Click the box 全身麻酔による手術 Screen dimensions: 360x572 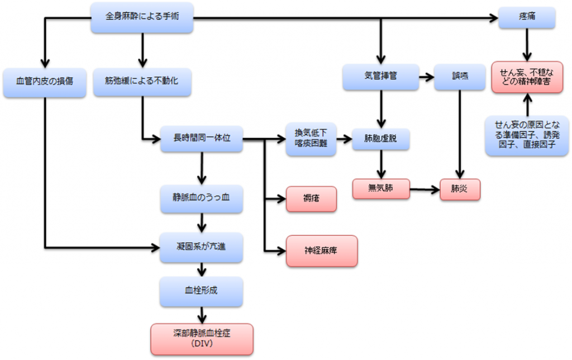point(142,18)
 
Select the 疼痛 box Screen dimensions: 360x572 point(527,18)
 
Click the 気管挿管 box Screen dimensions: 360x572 point(380,77)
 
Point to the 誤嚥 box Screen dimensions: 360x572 point(460,77)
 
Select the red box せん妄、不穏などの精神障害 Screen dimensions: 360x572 point(527,77)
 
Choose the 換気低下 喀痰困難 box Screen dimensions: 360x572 point(311,138)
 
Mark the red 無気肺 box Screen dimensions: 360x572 point(381,188)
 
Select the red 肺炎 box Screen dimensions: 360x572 point(460,188)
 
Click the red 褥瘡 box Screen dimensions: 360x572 point(311,198)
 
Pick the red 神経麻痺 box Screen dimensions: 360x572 point(321,250)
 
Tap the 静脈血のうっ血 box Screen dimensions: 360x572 point(202,198)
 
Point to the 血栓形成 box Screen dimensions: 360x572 point(202,291)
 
